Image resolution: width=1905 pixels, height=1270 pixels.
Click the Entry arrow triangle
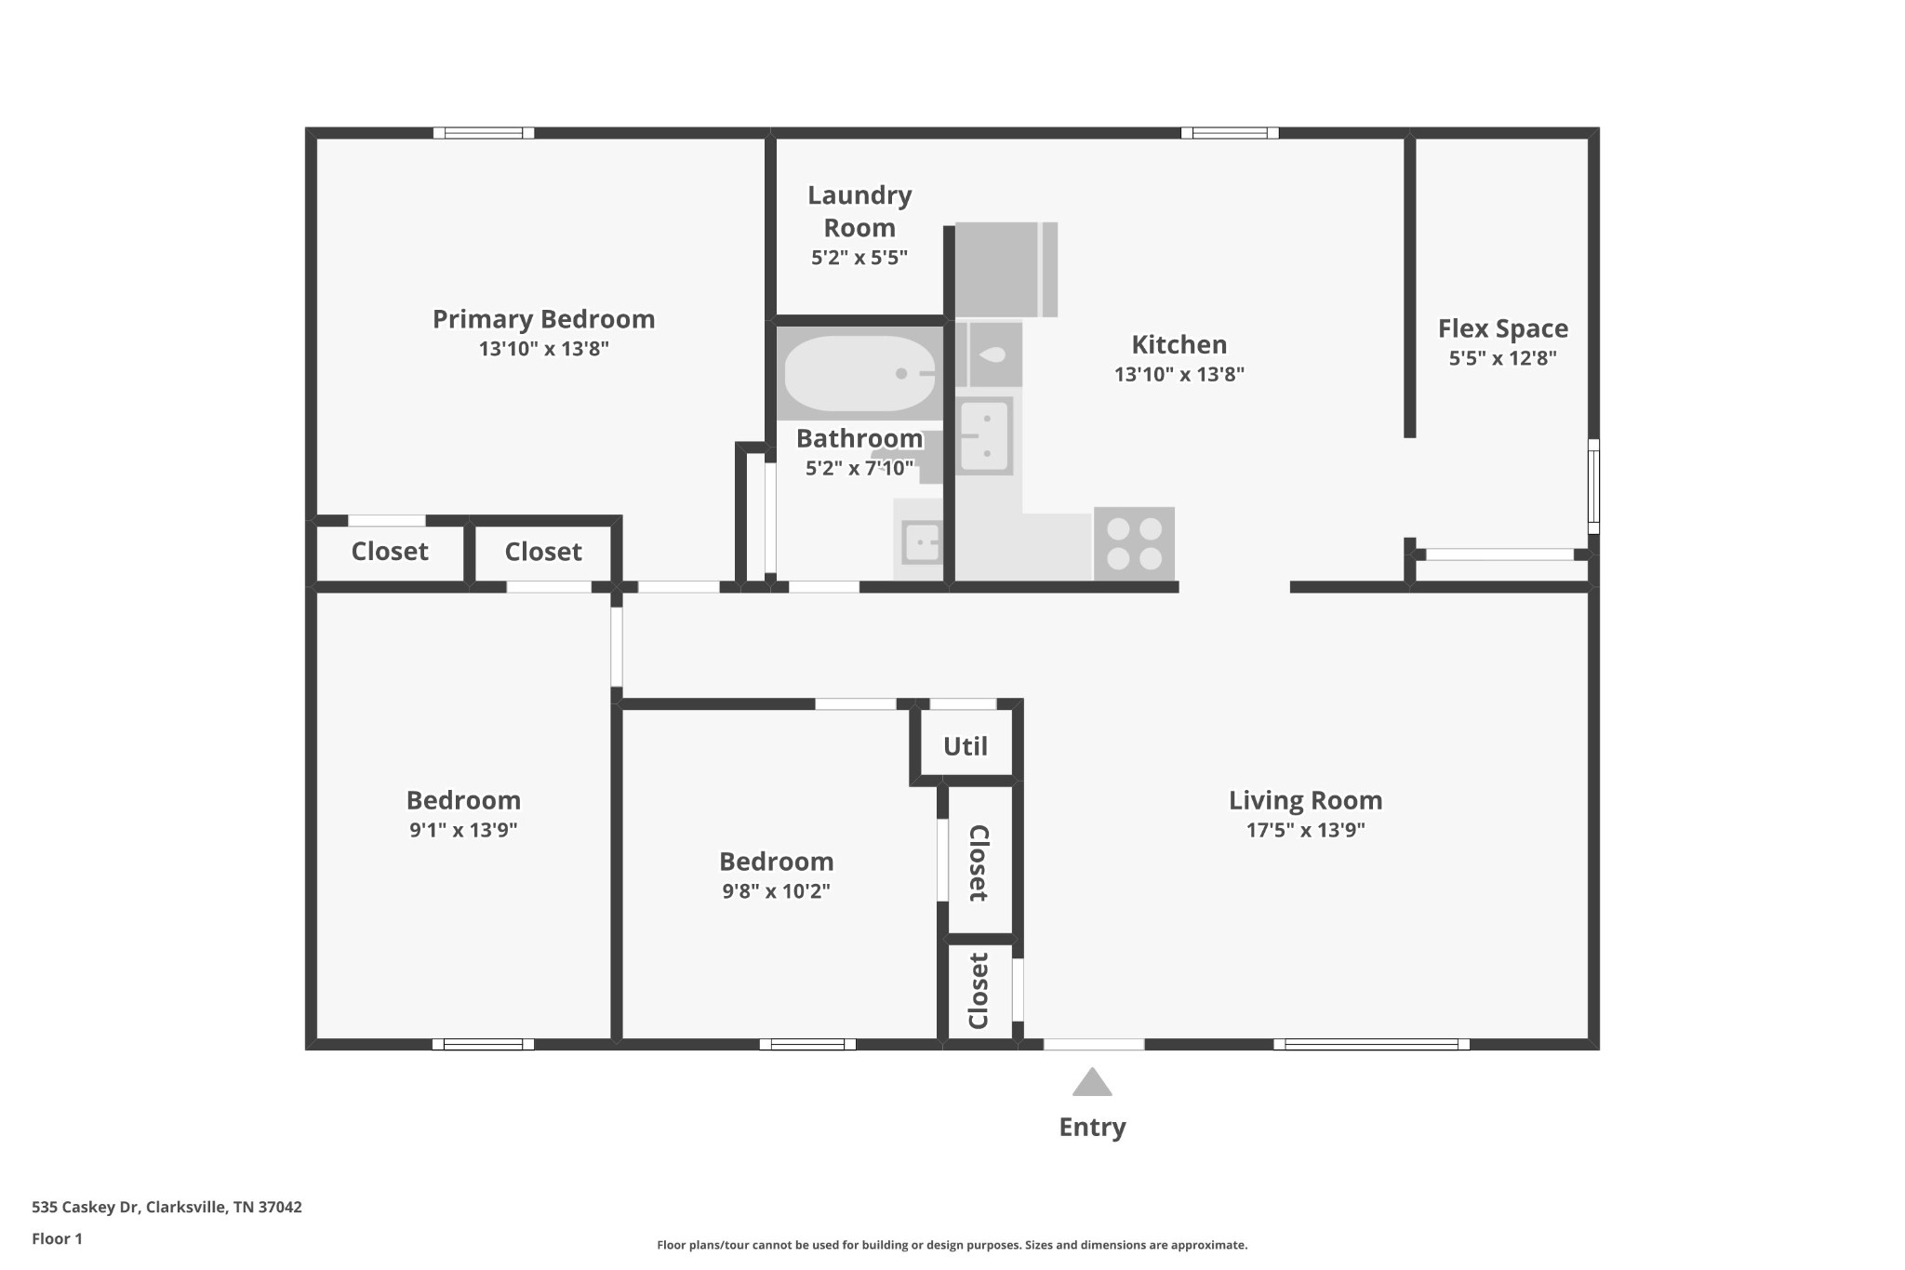coord(1092,1082)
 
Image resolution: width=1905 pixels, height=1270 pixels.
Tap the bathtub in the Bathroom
coord(859,373)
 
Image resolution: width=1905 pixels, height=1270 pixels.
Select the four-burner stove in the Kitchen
coord(1134,543)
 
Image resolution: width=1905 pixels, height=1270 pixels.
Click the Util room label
coord(966,746)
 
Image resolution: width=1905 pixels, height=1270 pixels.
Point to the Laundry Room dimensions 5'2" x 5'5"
coord(859,258)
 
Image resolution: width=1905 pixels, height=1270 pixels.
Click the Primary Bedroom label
coord(544,319)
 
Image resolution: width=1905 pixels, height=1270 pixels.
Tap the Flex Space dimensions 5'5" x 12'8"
coord(1503,358)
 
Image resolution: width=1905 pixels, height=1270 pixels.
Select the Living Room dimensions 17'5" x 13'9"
coord(1306,830)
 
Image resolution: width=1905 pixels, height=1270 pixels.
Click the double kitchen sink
coord(985,435)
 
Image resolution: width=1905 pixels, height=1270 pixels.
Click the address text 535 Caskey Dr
coord(86,1208)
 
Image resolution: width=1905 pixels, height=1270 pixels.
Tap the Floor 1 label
coord(57,1238)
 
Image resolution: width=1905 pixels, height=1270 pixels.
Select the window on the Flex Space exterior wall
coord(1593,487)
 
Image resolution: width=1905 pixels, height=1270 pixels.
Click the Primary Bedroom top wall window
coord(484,133)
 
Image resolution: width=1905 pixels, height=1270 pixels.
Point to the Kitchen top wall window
coord(1230,133)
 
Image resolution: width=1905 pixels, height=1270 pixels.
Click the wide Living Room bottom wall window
coord(1372,1044)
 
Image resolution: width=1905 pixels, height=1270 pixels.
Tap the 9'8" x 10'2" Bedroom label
coord(777,862)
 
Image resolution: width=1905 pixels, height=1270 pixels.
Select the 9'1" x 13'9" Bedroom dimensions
coord(463,830)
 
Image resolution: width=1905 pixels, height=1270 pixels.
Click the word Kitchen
coord(1179,344)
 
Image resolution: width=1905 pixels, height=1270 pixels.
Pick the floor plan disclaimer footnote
coord(952,1245)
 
